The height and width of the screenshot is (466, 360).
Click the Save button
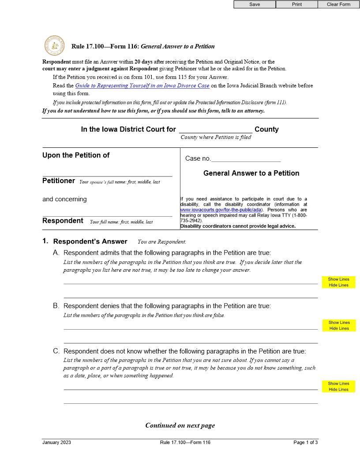pyautogui.click(x=255, y=4)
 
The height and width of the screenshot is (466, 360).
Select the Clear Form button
pyautogui.click(x=338, y=4)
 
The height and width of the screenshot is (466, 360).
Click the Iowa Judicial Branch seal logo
pyautogui.click(x=54, y=46)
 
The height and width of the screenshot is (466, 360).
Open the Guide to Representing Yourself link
pyautogui.click(x=142, y=86)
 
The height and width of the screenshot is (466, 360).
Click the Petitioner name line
pyautogui.click(x=107, y=173)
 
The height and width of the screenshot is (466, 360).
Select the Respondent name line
pyautogui.click(x=107, y=213)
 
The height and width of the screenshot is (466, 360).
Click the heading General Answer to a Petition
pyautogui.click(x=251, y=173)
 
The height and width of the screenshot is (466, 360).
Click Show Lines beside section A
pyautogui.click(x=339, y=279)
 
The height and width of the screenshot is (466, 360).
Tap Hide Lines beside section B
pyautogui.click(x=339, y=328)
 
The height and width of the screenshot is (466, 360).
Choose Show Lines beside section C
pyautogui.click(x=339, y=383)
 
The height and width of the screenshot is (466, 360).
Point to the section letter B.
pyautogui.click(x=56, y=306)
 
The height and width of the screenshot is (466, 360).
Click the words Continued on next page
pyautogui.click(x=180, y=425)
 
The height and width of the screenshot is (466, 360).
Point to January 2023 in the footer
pyautogui.click(x=56, y=443)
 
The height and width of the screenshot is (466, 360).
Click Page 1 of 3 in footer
pyautogui.click(x=305, y=443)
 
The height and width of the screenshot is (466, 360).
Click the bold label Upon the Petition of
pyautogui.click(x=76, y=155)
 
